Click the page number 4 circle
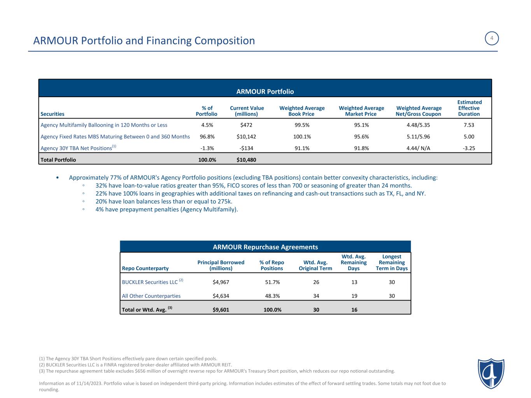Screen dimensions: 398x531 click(x=492, y=38)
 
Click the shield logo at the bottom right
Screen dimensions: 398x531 click(x=491, y=374)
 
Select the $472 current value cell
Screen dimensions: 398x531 click(x=247, y=125)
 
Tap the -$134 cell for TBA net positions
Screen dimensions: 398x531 click(x=247, y=148)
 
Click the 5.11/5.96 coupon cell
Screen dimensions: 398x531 click(x=418, y=137)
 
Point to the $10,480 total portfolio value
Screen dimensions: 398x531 click(x=246, y=160)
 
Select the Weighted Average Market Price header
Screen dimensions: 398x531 click(x=361, y=111)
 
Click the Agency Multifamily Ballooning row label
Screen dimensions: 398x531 click(x=104, y=125)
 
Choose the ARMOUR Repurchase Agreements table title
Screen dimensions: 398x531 click(x=265, y=247)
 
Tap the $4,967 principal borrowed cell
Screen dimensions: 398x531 click(x=221, y=282)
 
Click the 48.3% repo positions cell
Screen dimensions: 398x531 click(x=272, y=296)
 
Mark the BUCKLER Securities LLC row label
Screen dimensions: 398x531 click(x=150, y=282)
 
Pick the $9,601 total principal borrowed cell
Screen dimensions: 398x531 click(x=221, y=310)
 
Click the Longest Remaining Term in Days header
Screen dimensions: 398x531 click(x=391, y=262)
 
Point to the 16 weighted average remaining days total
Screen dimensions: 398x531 click(x=354, y=310)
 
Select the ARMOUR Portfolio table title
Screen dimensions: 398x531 click(x=265, y=92)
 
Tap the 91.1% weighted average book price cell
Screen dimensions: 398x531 click(x=302, y=148)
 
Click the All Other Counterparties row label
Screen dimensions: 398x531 click(x=151, y=296)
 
